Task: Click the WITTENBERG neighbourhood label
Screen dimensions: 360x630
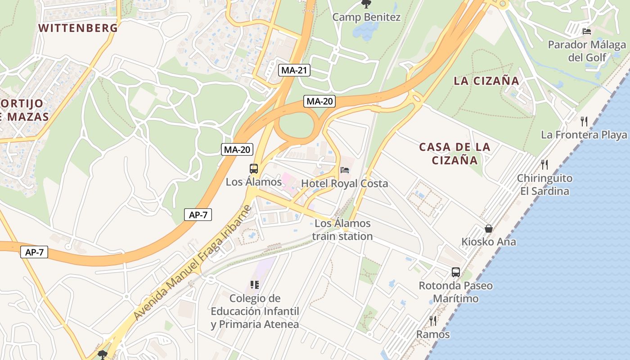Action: [78, 28]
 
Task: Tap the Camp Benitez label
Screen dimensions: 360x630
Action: [366, 18]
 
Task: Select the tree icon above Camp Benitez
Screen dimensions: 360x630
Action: [366, 4]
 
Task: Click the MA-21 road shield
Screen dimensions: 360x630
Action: [295, 70]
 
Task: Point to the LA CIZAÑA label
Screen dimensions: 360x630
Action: [486, 81]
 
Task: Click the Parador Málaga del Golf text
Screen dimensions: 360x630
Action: [587, 51]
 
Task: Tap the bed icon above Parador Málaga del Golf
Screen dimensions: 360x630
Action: [587, 31]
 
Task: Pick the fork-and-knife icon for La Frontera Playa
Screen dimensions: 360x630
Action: [584, 121]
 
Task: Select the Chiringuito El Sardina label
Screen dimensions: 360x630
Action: [544, 184]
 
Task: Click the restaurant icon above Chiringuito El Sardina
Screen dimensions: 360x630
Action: [544, 164]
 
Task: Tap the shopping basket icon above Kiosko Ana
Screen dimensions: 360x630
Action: [489, 229]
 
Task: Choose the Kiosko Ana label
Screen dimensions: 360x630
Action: [489, 242]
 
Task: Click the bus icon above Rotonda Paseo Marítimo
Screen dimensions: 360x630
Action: [456, 272]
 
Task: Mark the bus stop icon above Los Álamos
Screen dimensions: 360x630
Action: [254, 169]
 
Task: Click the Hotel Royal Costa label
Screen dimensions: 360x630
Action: [344, 184]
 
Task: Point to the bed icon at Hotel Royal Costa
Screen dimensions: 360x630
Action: [345, 170]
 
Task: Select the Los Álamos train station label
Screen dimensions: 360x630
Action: [342, 230]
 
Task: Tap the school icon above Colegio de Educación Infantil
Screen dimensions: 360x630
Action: [255, 284]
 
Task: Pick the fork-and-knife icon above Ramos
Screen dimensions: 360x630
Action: [433, 320]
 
